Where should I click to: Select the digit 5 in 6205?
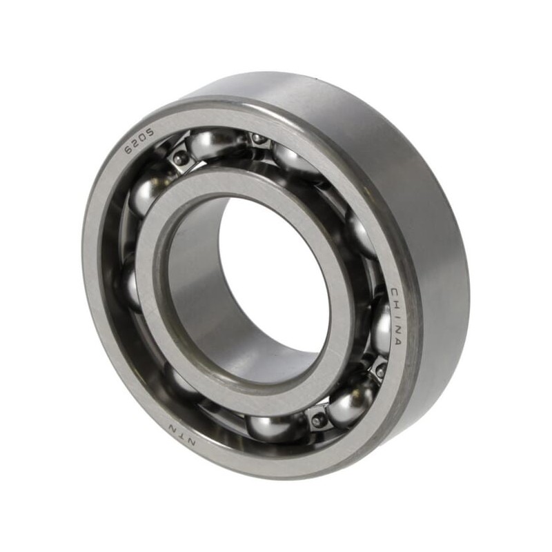click(x=150, y=133)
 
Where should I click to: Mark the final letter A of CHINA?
click(x=397, y=341)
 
